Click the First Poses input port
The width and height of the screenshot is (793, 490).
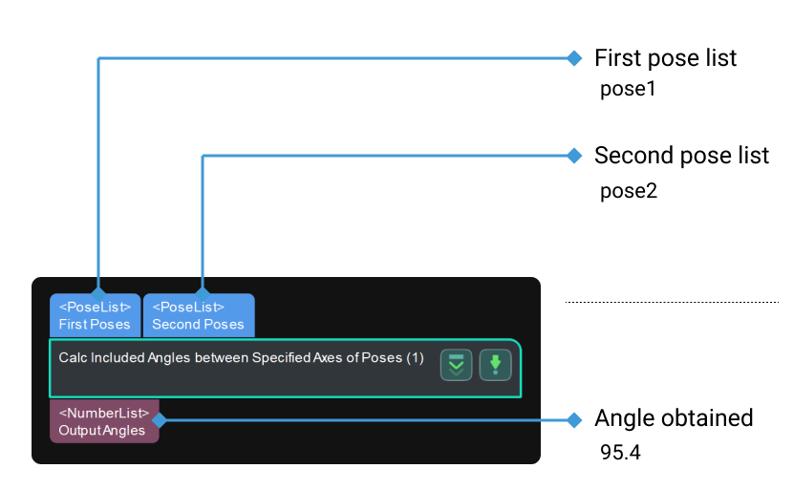pos(95,316)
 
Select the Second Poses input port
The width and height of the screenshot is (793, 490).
pos(198,316)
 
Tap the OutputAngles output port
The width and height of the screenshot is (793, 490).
pos(103,421)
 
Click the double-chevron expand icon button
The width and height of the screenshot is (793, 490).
pos(457,364)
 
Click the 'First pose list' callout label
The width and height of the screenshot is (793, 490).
pos(665,58)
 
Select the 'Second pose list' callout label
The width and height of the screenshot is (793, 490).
pos(681,156)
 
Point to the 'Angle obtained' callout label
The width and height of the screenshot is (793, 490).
pos(674,418)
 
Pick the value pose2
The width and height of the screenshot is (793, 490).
pos(628,190)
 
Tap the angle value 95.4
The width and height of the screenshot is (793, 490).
pos(620,452)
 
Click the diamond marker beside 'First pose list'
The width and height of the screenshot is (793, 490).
pos(574,58)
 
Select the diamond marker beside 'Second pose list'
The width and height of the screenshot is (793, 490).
pos(574,156)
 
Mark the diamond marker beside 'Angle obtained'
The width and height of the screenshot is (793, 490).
pos(574,419)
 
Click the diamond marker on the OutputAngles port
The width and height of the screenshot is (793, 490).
pos(159,419)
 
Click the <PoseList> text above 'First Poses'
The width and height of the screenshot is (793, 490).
pos(95,308)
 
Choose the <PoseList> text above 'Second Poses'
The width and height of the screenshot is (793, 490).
pos(188,308)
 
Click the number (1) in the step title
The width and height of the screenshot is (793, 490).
pos(415,358)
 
